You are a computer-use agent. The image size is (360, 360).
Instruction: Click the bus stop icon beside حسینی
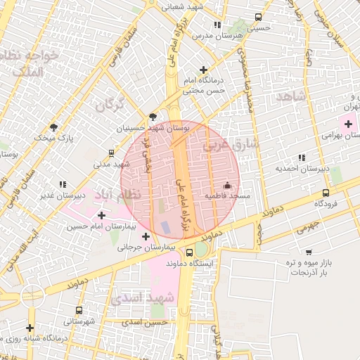click(x=259, y=18)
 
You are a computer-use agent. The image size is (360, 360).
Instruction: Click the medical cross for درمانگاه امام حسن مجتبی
click(x=204, y=70)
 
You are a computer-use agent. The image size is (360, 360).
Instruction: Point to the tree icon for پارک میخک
click(x=53, y=127)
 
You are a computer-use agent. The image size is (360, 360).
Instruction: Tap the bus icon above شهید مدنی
click(x=111, y=153)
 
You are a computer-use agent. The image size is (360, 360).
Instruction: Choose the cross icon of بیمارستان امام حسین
click(x=102, y=215)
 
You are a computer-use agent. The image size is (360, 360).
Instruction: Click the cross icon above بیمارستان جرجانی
click(x=146, y=236)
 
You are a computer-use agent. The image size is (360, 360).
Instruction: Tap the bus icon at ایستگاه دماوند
click(x=189, y=252)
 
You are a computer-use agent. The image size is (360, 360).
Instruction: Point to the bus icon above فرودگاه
click(x=325, y=193)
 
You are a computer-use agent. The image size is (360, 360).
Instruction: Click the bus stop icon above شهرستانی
click(x=77, y=310)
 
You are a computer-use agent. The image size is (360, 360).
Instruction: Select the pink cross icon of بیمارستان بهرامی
click(x=348, y=124)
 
